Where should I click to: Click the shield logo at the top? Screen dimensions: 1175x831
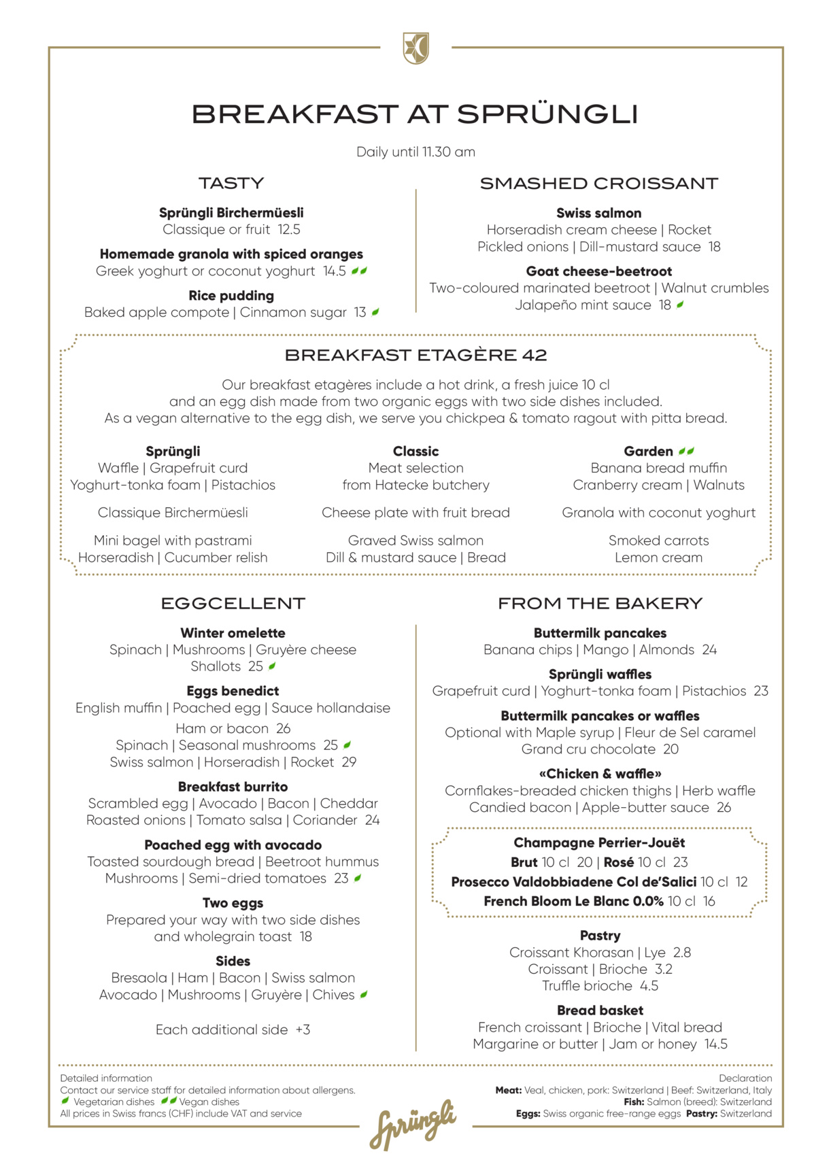pos(416,48)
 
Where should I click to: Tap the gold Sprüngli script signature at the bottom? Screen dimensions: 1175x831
pos(413,1125)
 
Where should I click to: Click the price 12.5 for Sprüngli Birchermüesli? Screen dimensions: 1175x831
pos(288,230)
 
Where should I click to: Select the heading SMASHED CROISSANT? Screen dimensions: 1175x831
pos(598,184)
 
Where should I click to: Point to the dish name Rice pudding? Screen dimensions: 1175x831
pos(231,296)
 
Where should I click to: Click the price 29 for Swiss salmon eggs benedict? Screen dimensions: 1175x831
pos(349,762)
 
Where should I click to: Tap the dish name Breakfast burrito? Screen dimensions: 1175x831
pos(233,787)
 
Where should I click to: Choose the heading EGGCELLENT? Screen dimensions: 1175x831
pos(233,604)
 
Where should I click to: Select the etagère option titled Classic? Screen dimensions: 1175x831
pos(416,452)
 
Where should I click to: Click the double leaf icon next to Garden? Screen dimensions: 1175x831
pos(687,451)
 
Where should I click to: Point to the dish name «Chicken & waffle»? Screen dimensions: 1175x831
pos(600,774)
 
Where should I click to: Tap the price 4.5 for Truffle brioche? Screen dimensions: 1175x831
pos(649,986)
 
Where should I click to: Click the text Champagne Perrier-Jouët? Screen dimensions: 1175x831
pos(599,843)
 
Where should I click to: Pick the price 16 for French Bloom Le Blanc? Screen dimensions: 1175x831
pos(709,902)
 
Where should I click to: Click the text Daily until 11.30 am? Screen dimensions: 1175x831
pos(416,152)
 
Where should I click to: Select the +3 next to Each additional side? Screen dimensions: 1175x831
pos(303,1030)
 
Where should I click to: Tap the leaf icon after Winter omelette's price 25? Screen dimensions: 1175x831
pos(272,666)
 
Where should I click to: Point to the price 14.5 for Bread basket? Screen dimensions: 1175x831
pos(715,1044)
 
